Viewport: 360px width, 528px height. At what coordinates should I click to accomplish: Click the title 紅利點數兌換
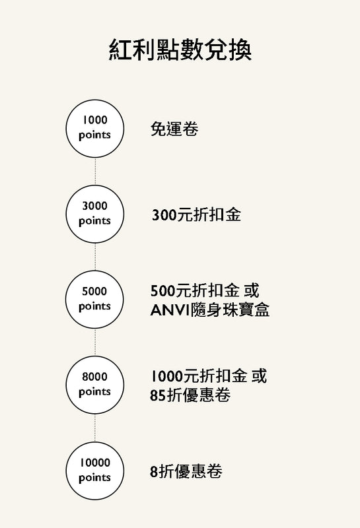[180, 51]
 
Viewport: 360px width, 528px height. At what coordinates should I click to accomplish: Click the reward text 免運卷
[174, 129]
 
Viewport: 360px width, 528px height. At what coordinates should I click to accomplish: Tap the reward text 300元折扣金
[196, 215]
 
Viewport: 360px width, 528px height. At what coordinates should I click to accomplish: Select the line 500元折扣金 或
[205, 291]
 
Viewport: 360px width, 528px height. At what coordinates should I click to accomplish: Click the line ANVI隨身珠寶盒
[209, 310]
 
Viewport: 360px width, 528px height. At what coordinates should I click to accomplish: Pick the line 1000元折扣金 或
[208, 376]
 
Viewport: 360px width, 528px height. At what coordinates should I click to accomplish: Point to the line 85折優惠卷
[190, 395]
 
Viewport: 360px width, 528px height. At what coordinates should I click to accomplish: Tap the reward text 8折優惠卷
[186, 471]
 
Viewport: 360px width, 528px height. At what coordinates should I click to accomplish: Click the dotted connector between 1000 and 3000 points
[95, 172]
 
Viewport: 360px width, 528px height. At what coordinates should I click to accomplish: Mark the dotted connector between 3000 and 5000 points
[95, 257]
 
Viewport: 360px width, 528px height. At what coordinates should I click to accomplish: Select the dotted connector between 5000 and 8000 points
[95, 343]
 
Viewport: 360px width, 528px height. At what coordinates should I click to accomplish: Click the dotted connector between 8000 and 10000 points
[95, 428]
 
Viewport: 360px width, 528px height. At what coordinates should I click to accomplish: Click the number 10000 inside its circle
[94, 463]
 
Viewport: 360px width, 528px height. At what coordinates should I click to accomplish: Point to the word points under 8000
[94, 392]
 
